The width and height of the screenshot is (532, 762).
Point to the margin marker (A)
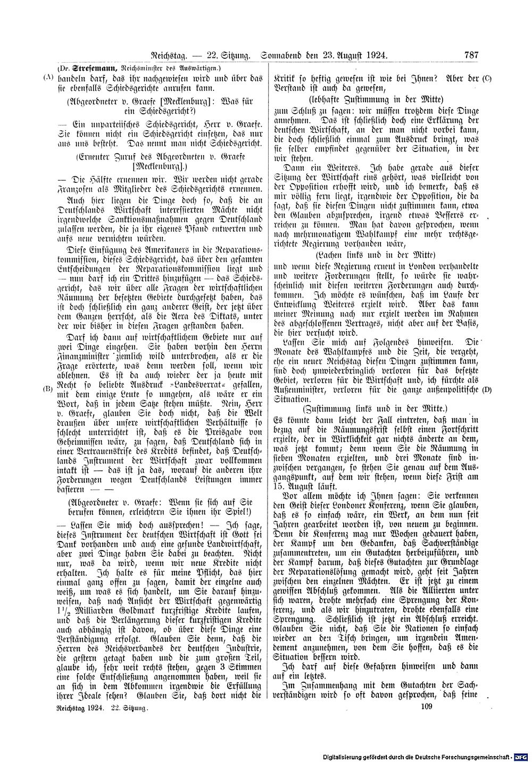coord(48,77)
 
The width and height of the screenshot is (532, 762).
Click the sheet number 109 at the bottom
coord(427,706)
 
